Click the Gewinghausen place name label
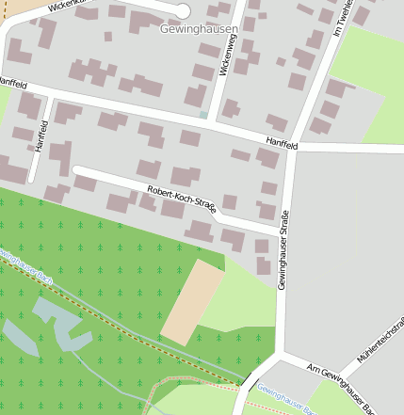coord(199,29)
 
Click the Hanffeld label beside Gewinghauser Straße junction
coord(281,145)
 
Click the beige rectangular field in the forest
coord(193,302)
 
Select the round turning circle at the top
coord(183,10)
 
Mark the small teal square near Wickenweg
coord(203,115)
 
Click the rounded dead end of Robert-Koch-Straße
coord(77,171)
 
